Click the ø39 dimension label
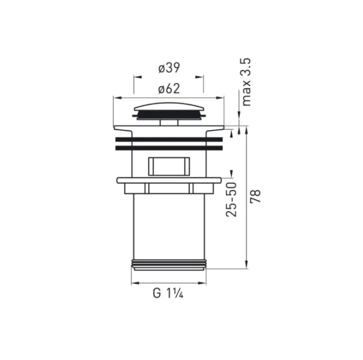tap(169, 68)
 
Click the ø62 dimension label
tap(169, 89)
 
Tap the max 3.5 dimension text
tap(246, 82)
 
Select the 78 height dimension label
tap(256, 196)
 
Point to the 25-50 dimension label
tap(231, 199)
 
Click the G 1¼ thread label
tap(168, 293)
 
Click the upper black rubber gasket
tap(169, 140)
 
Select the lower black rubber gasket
tap(169, 148)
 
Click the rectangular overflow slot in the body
tap(169, 167)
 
